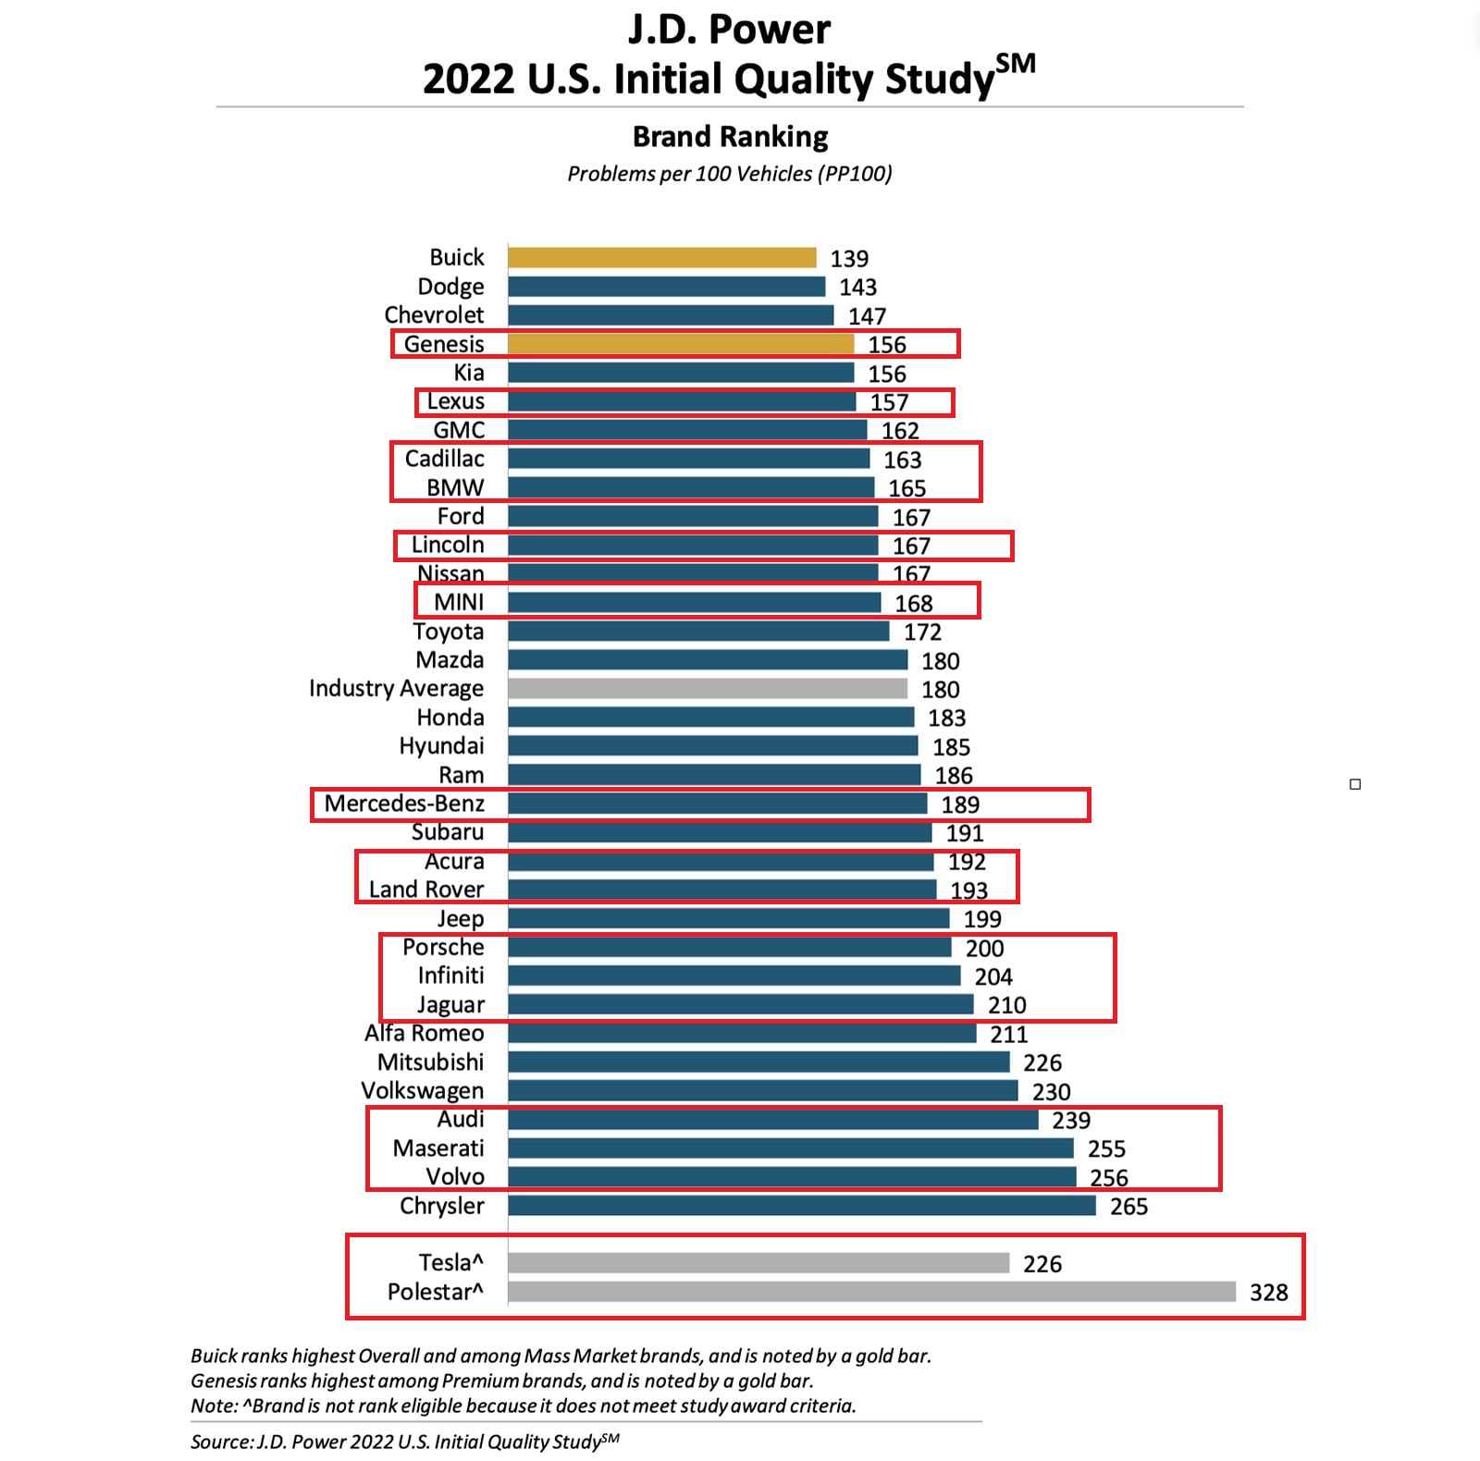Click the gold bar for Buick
click(661, 257)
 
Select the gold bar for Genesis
click(680, 344)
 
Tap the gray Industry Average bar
click(708, 688)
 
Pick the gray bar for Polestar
click(871, 1291)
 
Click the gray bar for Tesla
click(758, 1262)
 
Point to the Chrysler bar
click(801, 1205)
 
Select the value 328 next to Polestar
click(1268, 1292)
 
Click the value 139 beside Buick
click(849, 258)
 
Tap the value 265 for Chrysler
click(1128, 1206)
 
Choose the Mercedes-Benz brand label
click(404, 804)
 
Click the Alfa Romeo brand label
click(424, 1033)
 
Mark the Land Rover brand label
click(426, 890)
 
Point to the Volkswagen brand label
click(422, 1090)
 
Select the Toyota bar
click(698, 631)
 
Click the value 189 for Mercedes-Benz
click(960, 804)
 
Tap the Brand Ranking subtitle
click(730, 137)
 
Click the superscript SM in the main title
click(1015, 64)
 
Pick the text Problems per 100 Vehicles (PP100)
click(729, 174)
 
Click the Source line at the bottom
click(404, 1441)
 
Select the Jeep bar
click(728, 918)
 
